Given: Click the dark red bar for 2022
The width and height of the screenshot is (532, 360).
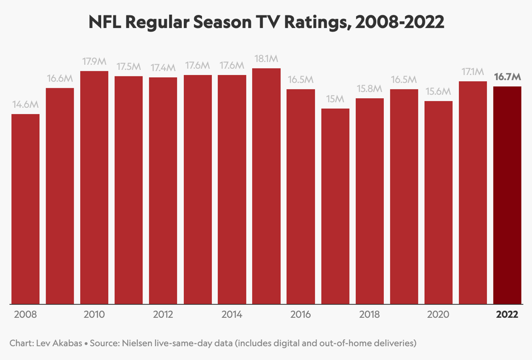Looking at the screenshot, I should [x=507, y=195].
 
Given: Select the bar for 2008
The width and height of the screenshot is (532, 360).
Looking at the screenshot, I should [x=26, y=209].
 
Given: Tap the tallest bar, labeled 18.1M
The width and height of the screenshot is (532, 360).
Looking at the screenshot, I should [x=266, y=186].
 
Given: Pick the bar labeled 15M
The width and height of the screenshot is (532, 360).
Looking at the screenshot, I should [x=335, y=206].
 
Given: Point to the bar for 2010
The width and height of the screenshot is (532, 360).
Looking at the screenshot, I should [x=94, y=187].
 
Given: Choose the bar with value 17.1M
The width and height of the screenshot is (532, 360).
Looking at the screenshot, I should [x=473, y=192].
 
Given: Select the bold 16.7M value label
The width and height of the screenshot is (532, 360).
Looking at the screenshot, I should [x=507, y=76].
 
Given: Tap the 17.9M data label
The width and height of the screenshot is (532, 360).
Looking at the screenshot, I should [x=94, y=61].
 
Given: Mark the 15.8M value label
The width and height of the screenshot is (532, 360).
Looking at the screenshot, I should [x=370, y=88].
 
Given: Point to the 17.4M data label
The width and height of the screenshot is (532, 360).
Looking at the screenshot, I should [x=163, y=67].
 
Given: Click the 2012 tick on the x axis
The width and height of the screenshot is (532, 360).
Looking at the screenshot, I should [x=163, y=314].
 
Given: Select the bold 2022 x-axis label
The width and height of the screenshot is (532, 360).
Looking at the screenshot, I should [x=507, y=314].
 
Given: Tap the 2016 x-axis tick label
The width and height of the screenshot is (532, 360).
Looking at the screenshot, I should [x=301, y=314].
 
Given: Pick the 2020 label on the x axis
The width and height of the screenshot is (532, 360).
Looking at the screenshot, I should [x=438, y=314].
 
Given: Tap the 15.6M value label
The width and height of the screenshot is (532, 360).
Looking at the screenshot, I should [x=438, y=91].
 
